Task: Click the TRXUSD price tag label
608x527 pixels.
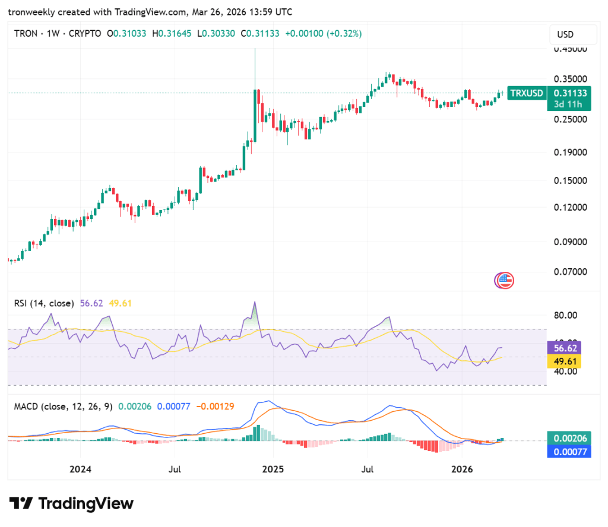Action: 527,93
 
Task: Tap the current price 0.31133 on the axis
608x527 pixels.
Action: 570,93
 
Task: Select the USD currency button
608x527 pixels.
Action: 565,35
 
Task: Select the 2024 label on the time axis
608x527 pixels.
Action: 80,469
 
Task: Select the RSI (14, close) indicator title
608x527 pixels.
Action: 44,303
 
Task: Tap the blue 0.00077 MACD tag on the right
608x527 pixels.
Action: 570,452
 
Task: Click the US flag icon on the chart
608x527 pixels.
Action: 505,281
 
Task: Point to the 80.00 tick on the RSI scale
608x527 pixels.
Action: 565,315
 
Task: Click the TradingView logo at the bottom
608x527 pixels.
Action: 71,504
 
